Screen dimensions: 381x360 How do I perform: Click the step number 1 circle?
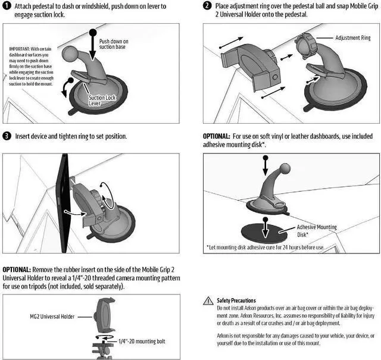pos(7,5)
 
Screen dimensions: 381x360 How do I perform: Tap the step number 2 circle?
pos(207,5)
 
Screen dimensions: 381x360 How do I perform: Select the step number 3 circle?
pos(7,136)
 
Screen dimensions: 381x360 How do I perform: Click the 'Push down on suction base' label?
pos(114,44)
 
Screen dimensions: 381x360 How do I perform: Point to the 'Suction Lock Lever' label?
pos(102,101)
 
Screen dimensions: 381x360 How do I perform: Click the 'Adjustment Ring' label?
pos(353,38)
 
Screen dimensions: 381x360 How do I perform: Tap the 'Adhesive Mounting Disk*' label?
pos(317,231)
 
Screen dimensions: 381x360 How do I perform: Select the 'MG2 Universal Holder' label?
pos(52,317)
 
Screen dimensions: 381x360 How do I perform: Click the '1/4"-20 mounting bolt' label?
pos(142,342)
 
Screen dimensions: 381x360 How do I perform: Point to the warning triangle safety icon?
pos(208,300)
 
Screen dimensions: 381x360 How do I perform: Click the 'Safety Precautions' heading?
pos(236,300)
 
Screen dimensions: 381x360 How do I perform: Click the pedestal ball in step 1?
pos(69,54)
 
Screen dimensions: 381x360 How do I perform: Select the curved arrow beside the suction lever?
pos(66,87)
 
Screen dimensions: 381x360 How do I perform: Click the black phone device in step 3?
pos(64,203)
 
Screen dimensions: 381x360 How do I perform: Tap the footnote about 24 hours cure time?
pos(266,248)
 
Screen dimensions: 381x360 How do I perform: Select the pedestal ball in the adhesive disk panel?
pos(285,168)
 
